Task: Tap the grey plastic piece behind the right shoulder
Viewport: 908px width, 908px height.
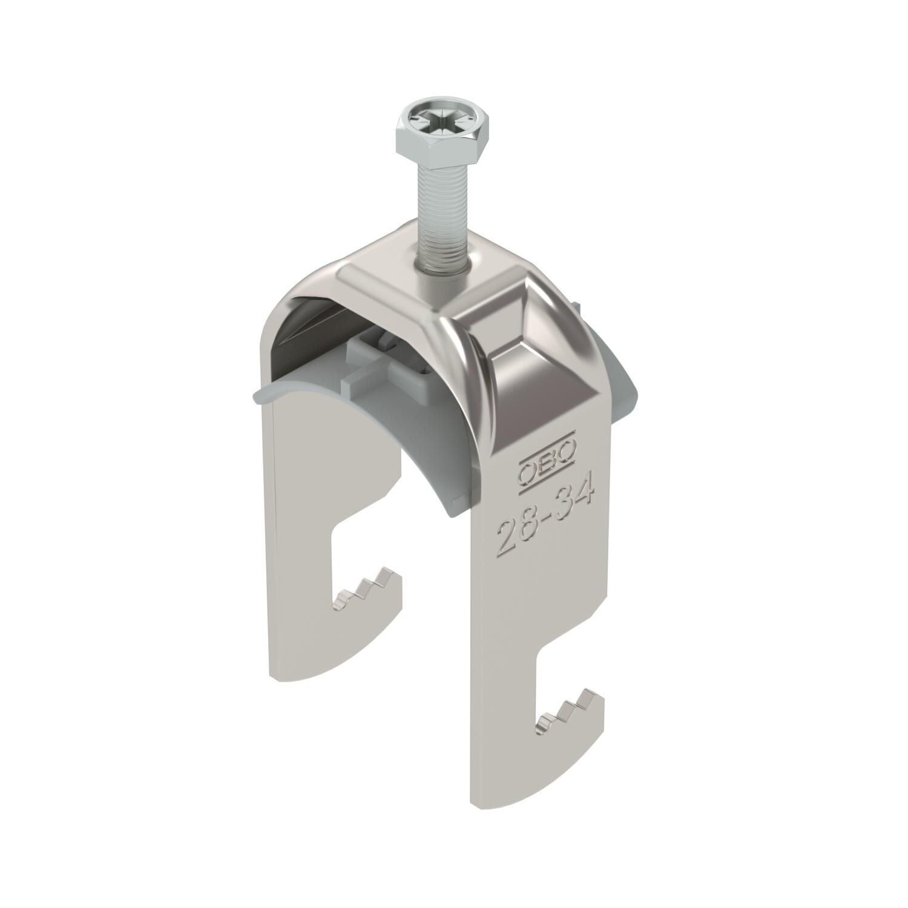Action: pyautogui.click(x=611, y=387)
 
